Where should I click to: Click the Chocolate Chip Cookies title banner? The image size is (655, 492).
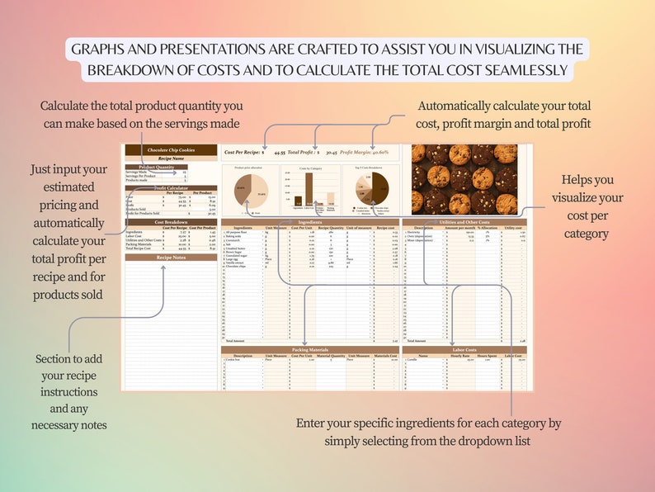pos(171,149)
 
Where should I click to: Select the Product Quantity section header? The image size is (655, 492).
pos(171,167)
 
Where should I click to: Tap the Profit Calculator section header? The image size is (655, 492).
pos(171,188)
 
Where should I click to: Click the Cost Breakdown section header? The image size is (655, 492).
pos(171,222)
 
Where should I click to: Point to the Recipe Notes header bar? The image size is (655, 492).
pos(171,258)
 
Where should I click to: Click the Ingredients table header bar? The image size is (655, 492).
pos(310,222)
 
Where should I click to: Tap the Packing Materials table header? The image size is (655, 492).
pos(310,350)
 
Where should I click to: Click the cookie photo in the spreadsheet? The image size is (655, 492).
pos(464,179)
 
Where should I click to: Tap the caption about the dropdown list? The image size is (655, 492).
pos(428,432)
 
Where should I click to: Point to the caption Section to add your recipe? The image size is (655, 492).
pos(69,392)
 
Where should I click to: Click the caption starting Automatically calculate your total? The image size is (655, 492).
pos(504,114)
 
